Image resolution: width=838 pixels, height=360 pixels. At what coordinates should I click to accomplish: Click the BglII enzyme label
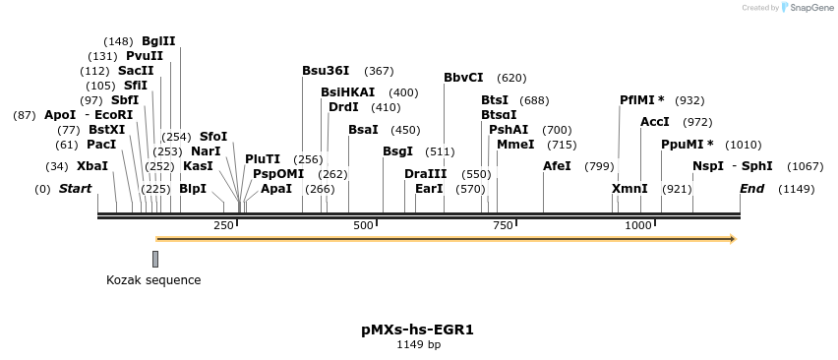point(158,41)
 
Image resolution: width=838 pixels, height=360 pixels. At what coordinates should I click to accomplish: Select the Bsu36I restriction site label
point(326,71)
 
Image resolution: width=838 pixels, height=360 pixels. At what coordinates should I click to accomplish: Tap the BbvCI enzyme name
point(463,78)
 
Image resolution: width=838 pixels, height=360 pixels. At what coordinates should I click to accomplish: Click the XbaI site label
point(92,165)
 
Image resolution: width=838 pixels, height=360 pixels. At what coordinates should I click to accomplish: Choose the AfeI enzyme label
point(557,165)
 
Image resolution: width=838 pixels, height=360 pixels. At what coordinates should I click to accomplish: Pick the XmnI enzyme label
point(629,188)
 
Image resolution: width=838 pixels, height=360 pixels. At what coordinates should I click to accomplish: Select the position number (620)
point(511,78)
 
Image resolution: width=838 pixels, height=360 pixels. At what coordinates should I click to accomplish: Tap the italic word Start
point(75,188)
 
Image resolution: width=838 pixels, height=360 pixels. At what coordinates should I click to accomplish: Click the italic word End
point(751,188)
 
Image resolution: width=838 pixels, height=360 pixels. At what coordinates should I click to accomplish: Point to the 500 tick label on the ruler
point(364,226)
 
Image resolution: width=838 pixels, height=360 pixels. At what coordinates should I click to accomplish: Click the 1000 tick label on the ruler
point(638,226)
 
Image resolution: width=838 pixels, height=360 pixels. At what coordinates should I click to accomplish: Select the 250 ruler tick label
point(223,226)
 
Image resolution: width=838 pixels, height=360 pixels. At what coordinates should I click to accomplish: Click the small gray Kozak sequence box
point(155,259)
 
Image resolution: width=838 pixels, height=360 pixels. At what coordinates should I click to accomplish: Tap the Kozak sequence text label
point(153,280)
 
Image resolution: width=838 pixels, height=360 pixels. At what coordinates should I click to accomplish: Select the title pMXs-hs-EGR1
point(418,330)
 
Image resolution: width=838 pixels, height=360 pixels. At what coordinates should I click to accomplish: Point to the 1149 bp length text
point(418,345)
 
